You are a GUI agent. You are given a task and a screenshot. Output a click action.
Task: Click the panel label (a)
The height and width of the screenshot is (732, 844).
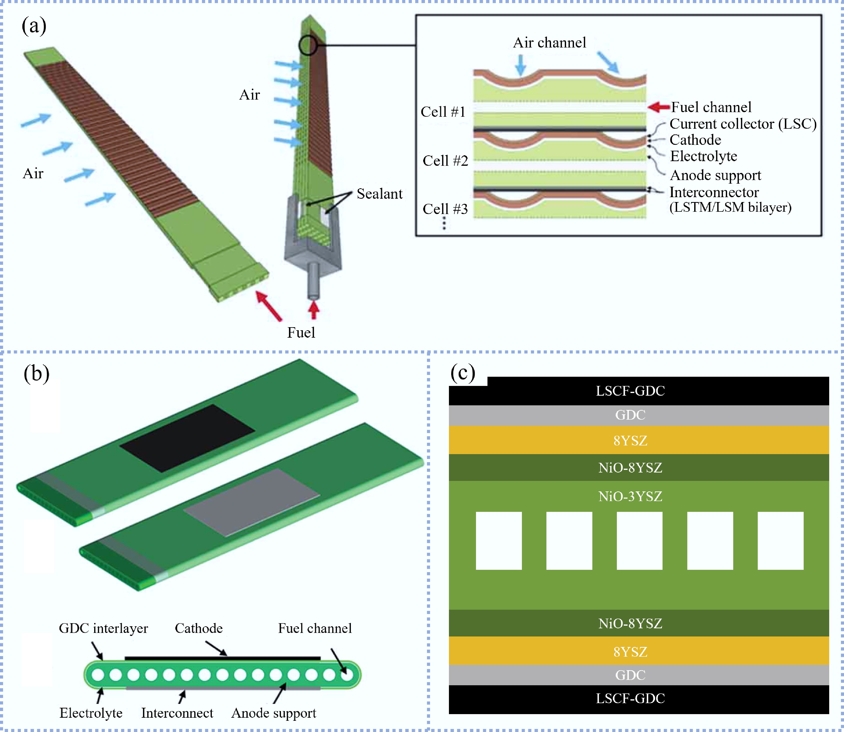point(34,26)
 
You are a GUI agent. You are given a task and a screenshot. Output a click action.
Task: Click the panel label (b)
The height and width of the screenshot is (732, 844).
point(36,373)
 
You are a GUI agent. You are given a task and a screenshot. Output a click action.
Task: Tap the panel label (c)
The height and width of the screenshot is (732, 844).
point(462,373)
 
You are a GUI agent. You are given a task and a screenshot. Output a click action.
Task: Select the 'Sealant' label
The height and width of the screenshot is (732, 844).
point(379,194)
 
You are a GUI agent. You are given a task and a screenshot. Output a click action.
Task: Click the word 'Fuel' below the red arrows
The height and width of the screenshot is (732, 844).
point(301,333)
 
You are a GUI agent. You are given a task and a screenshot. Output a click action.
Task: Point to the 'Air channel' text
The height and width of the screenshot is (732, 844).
point(549,42)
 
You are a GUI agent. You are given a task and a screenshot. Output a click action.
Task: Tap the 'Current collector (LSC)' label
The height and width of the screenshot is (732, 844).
point(743,124)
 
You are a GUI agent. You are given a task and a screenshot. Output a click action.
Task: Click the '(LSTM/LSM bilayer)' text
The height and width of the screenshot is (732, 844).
point(730,207)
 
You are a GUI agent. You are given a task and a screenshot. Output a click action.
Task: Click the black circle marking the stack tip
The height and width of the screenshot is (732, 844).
point(308,45)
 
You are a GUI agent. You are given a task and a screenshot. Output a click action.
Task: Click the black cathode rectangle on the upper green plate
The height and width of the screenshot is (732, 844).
point(187,438)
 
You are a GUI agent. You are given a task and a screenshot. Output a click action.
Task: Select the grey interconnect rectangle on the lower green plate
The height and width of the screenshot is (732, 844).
point(251,502)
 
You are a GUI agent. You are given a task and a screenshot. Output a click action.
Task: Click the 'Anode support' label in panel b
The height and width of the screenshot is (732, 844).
point(273,713)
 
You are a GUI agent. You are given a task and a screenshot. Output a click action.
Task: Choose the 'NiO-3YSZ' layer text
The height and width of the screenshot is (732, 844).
point(630,496)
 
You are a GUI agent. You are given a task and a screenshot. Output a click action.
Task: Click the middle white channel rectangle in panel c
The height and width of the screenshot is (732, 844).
point(639,540)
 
